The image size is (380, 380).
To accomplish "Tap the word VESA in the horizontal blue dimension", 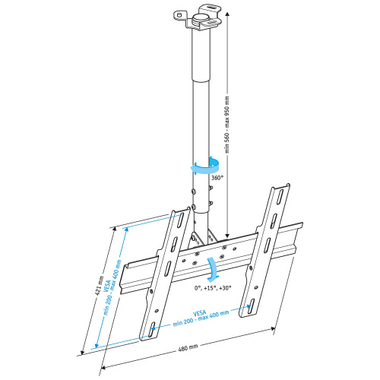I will coord(200,312).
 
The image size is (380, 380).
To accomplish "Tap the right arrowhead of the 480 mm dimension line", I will coord(274,329).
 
